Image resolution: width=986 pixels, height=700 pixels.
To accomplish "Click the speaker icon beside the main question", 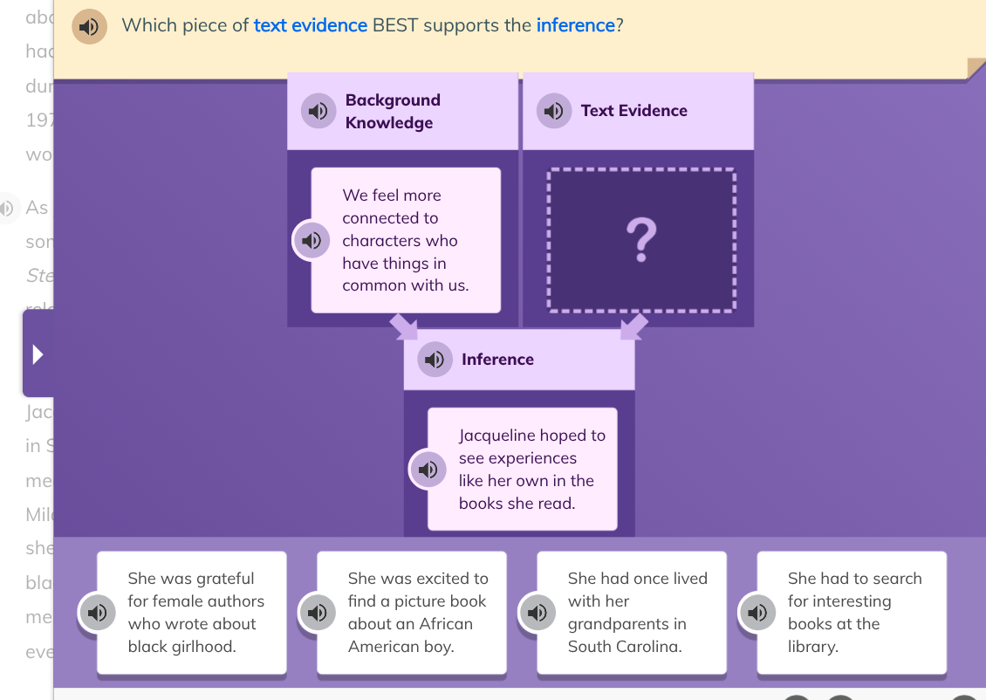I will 88,26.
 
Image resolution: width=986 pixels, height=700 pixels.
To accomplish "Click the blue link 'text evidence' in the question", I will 310,25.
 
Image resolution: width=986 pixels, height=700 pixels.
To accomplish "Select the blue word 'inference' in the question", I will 576,25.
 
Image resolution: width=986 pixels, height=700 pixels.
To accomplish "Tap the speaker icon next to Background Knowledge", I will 318,111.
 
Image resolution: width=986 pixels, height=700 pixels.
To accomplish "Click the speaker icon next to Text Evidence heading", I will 553,111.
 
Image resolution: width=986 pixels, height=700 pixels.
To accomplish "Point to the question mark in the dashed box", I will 641,240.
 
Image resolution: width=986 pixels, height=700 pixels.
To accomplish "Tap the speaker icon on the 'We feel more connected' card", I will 312,240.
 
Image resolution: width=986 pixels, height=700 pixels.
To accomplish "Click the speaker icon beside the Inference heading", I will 435,360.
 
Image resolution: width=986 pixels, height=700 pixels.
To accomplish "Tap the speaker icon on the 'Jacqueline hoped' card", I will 428,470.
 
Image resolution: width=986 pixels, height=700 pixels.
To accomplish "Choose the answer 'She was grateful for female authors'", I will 192,613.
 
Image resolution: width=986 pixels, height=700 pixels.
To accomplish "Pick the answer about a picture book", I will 412,613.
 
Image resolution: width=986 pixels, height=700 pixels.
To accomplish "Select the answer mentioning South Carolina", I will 632,613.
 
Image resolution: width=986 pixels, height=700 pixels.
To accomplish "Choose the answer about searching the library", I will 852,613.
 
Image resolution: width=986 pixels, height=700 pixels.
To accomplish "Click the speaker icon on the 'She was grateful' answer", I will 98,613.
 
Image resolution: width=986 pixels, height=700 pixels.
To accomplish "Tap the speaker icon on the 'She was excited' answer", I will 318,613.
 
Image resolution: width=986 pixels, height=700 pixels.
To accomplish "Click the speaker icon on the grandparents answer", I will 538,613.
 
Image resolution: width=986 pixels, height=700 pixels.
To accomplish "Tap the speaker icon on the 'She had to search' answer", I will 757,613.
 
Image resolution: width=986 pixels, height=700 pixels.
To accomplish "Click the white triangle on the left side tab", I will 38,354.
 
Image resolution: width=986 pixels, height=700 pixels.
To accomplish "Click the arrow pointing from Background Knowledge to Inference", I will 404,327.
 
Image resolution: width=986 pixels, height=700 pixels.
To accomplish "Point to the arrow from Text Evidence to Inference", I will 634,327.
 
